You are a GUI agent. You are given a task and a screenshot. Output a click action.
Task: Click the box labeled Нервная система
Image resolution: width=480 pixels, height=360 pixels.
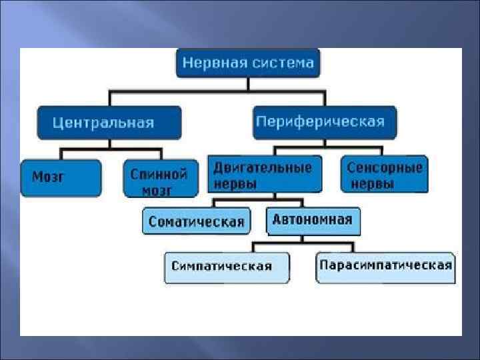pyautogui.click(x=248, y=63)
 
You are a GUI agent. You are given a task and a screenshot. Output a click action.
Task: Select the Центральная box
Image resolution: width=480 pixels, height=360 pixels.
pyautogui.click(x=109, y=123)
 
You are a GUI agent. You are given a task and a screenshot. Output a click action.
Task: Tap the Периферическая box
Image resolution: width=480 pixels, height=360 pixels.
pyautogui.click(x=325, y=122)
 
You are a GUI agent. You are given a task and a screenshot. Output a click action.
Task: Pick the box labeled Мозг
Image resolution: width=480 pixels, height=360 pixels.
pyautogui.click(x=61, y=178)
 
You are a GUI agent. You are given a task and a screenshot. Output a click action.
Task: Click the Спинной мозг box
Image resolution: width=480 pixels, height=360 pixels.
pyautogui.click(x=161, y=179)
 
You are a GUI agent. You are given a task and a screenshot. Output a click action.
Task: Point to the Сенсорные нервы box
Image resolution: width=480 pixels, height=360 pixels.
pyautogui.click(x=384, y=175)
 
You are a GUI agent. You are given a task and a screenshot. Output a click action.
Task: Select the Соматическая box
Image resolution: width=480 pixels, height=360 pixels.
pyautogui.click(x=197, y=221)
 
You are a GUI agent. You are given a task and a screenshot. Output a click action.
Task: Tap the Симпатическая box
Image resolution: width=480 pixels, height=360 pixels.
pyautogui.click(x=227, y=267)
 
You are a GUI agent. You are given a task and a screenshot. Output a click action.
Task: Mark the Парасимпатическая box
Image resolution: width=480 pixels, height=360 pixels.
pyautogui.click(x=385, y=266)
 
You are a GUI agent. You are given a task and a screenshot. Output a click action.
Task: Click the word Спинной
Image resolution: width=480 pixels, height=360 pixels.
pyautogui.click(x=159, y=174)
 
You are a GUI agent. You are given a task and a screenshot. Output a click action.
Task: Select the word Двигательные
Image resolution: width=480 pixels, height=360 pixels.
pyautogui.click(x=263, y=167)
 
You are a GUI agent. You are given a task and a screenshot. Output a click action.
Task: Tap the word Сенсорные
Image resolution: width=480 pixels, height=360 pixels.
pyautogui.click(x=385, y=167)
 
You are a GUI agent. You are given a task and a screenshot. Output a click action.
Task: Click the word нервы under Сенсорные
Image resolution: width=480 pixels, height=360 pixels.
pyautogui.click(x=372, y=185)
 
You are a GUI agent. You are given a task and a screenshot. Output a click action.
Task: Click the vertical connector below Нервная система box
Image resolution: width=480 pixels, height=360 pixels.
pyautogui.click(x=248, y=84)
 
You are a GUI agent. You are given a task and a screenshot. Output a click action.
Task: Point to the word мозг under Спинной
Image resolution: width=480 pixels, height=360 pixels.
pyautogui.click(x=157, y=191)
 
